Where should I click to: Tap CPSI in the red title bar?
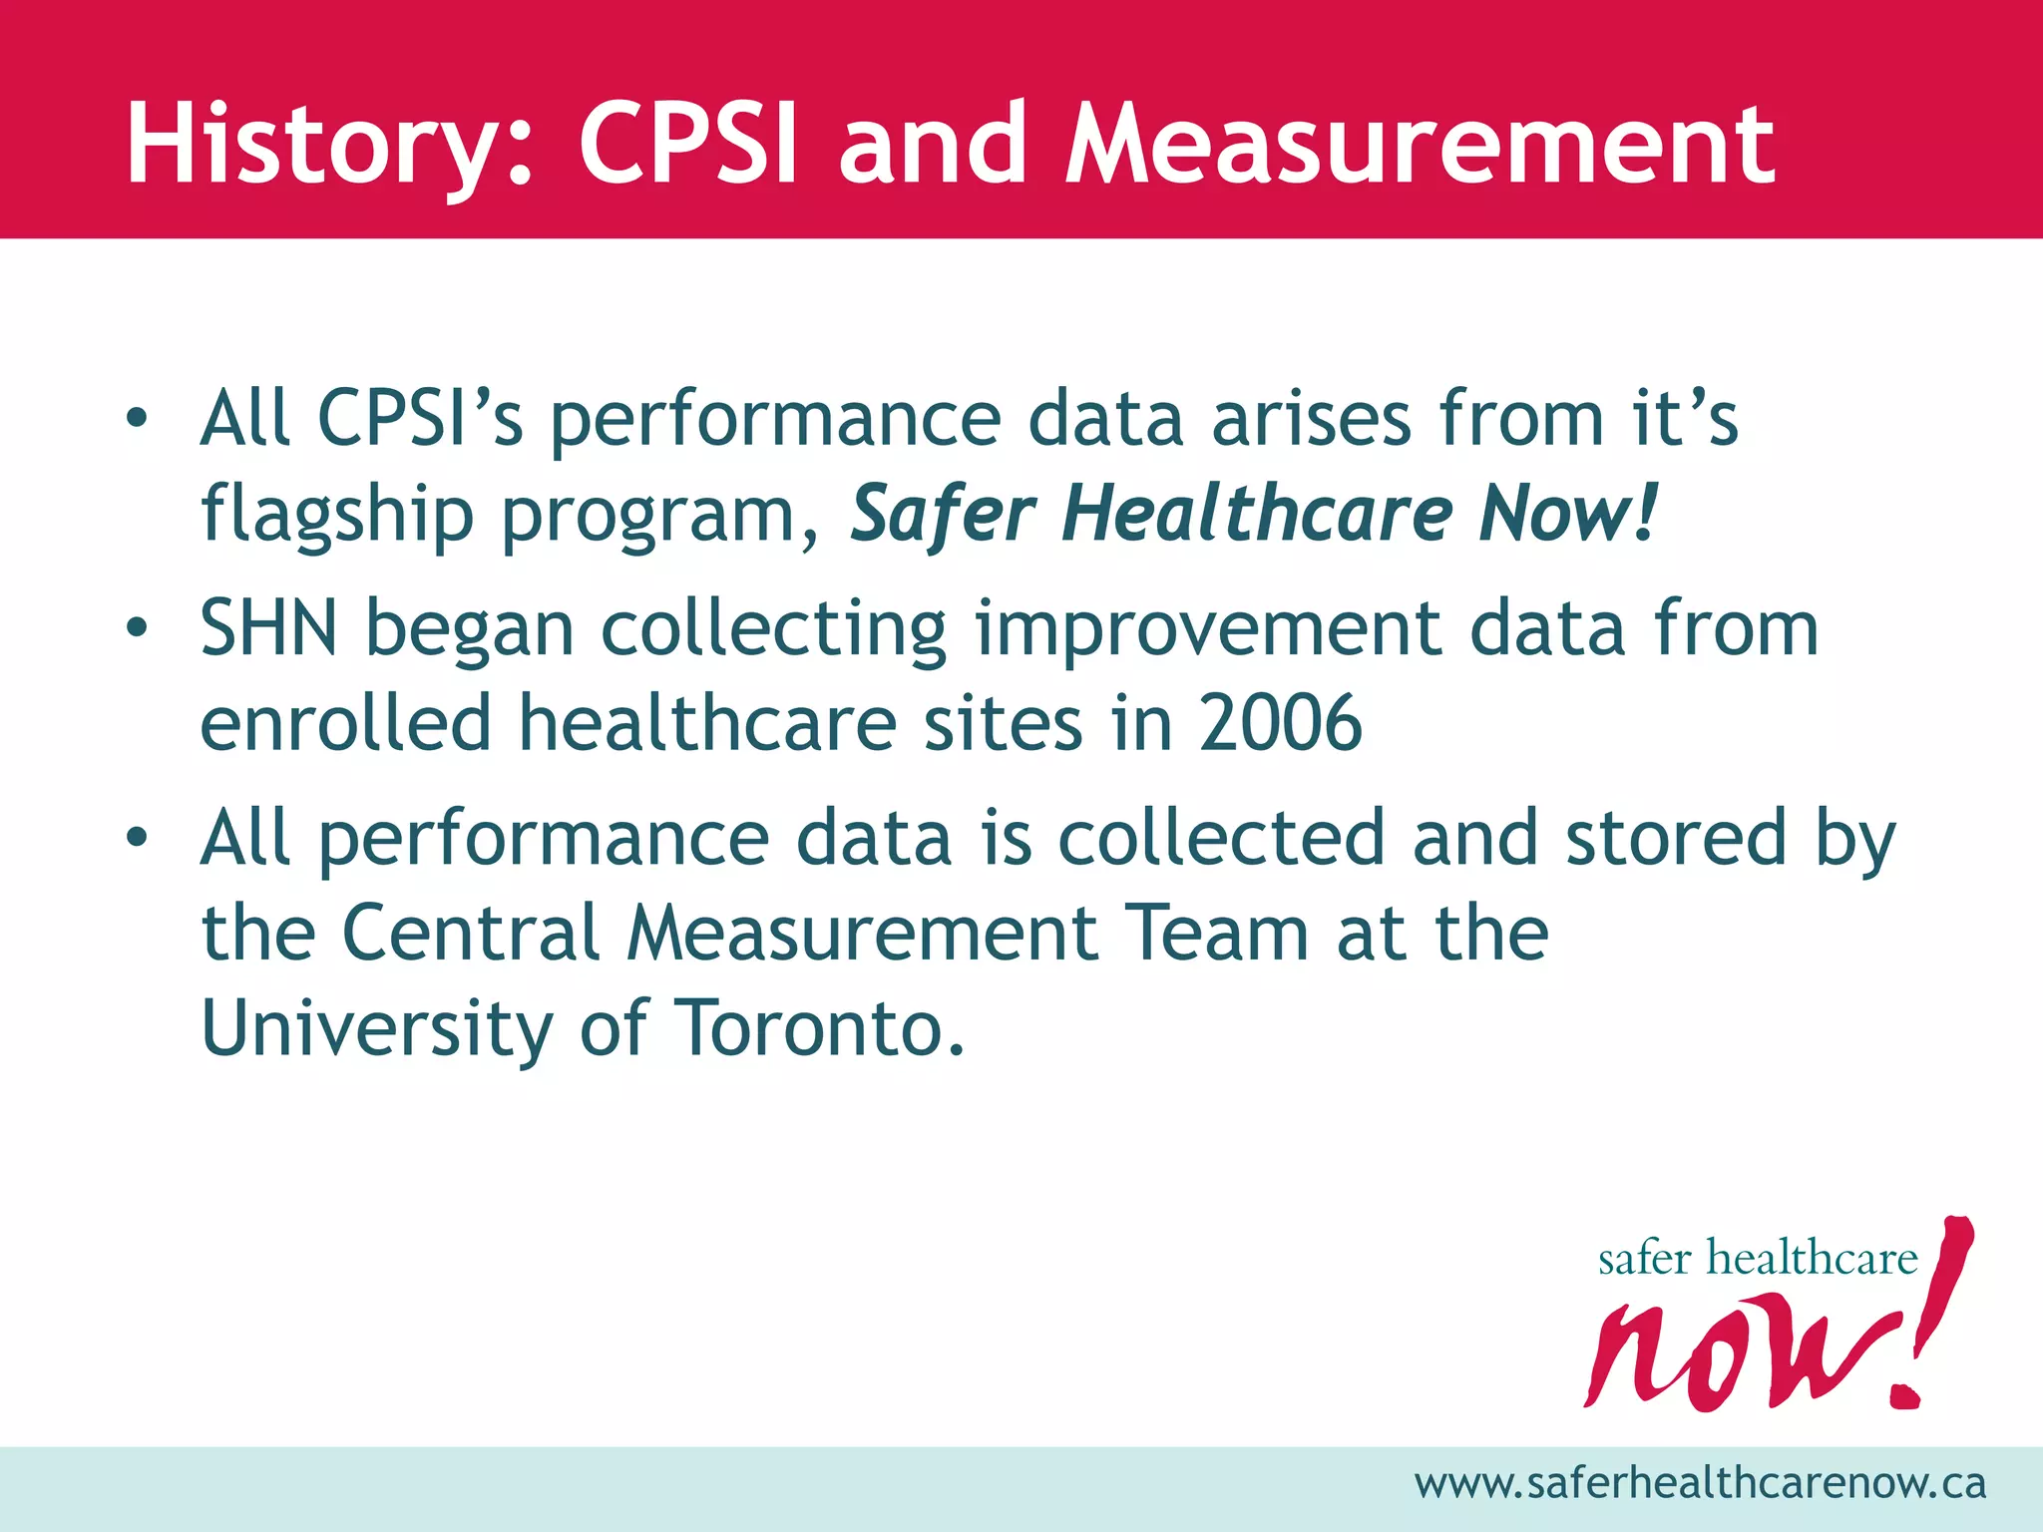pos(688,145)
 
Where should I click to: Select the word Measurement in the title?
pos(1421,145)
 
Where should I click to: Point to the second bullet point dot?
pos(137,627)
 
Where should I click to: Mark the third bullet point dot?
pos(137,838)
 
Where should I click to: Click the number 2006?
pos(1280,722)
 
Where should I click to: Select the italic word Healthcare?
pos(1256,513)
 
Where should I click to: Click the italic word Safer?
pos(942,513)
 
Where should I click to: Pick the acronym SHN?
pos(268,628)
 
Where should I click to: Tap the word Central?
pos(471,933)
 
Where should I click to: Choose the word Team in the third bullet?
pos(1216,933)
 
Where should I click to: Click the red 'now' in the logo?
pos(1736,1356)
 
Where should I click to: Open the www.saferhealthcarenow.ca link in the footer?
pos(1700,1483)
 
